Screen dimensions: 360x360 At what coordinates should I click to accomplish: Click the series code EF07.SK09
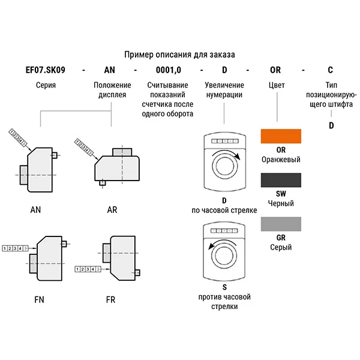45,70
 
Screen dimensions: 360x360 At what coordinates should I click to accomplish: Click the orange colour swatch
280,136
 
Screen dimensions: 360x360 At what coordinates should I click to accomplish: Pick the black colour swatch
280,181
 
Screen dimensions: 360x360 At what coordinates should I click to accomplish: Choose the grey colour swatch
280,224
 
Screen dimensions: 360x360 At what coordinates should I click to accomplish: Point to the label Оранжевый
281,160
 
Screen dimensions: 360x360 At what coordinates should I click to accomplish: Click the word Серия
46,85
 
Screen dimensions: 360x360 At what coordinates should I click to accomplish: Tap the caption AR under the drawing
112,210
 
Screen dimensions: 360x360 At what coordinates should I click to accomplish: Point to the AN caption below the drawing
35,210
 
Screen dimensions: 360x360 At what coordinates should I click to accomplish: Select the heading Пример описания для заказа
179,55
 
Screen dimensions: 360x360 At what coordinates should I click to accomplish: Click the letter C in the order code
330,70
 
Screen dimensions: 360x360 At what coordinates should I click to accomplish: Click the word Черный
281,203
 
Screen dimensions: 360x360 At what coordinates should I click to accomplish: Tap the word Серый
281,247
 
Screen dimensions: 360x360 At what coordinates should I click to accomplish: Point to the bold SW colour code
281,194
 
